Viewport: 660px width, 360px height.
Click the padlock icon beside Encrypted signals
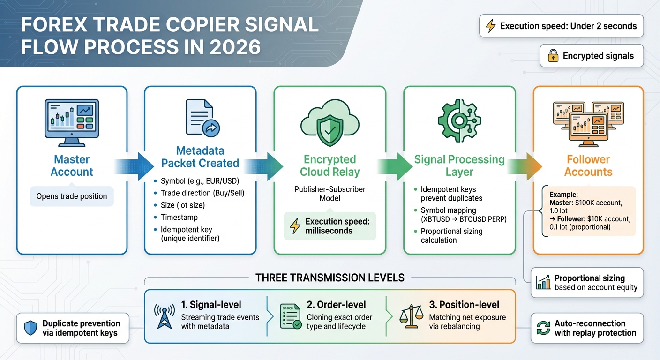(553, 56)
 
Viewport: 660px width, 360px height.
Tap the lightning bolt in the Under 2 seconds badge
(490, 26)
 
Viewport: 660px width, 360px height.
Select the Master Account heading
(72, 165)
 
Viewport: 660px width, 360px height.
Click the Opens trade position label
(72, 196)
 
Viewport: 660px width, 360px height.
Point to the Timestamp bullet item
(179, 217)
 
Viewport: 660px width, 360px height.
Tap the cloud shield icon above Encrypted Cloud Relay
(330, 124)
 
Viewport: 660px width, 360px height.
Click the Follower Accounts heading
(588, 165)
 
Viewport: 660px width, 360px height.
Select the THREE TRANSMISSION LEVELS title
(330, 277)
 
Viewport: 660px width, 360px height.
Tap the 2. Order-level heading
(336, 305)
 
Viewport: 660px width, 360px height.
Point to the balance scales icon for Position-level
(411, 316)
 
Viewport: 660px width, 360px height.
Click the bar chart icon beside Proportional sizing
(543, 282)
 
